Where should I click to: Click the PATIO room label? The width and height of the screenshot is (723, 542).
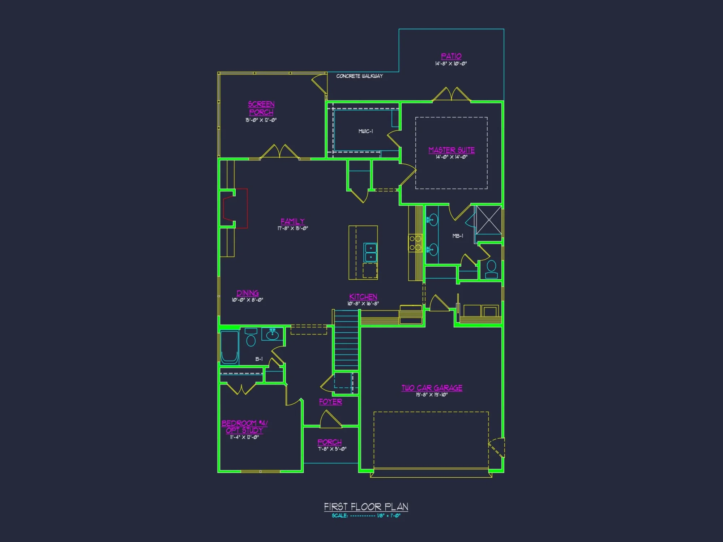451,56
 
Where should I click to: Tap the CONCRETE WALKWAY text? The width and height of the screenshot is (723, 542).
359,76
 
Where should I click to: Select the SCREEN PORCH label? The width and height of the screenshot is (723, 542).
261,108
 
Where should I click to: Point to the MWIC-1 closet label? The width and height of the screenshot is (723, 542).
365,131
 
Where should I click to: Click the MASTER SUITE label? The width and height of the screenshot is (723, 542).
452,150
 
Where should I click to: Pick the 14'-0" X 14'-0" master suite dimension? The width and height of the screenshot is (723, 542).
452,157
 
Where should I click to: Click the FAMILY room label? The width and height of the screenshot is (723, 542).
292,221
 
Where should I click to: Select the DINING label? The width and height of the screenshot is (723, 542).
248,293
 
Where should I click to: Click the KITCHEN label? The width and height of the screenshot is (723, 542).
363,297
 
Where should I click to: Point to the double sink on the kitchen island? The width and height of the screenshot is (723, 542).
371,252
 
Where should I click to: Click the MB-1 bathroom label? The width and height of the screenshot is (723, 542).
458,236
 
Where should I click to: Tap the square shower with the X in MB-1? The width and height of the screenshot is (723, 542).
489,220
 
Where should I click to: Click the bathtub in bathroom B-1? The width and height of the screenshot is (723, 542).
230,347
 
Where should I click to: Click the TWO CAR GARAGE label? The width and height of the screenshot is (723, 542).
432,388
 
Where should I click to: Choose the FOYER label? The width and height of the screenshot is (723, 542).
330,402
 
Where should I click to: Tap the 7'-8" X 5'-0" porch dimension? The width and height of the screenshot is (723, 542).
332,449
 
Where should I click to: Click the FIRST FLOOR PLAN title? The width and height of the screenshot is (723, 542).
366,507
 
